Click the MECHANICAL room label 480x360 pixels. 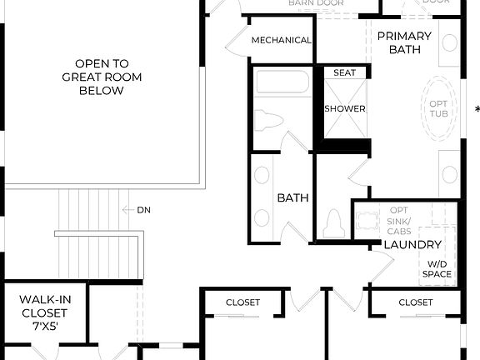(281, 40)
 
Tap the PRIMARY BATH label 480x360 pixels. (404, 42)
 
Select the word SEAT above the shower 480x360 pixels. (344, 73)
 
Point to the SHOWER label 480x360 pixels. (345, 109)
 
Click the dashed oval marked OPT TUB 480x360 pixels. (438, 109)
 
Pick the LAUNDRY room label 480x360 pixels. (412, 245)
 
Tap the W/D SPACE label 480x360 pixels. (437, 269)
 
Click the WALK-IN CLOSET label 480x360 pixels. (44, 306)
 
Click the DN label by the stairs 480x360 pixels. (144, 210)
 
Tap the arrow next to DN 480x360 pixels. (127, 210)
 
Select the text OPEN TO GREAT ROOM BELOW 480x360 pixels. (101, 77)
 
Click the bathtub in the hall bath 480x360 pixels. (282, 83)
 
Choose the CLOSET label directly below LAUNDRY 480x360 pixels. (415, 302)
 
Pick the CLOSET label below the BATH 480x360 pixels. (242, 302)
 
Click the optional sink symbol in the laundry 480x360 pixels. (367, 221)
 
